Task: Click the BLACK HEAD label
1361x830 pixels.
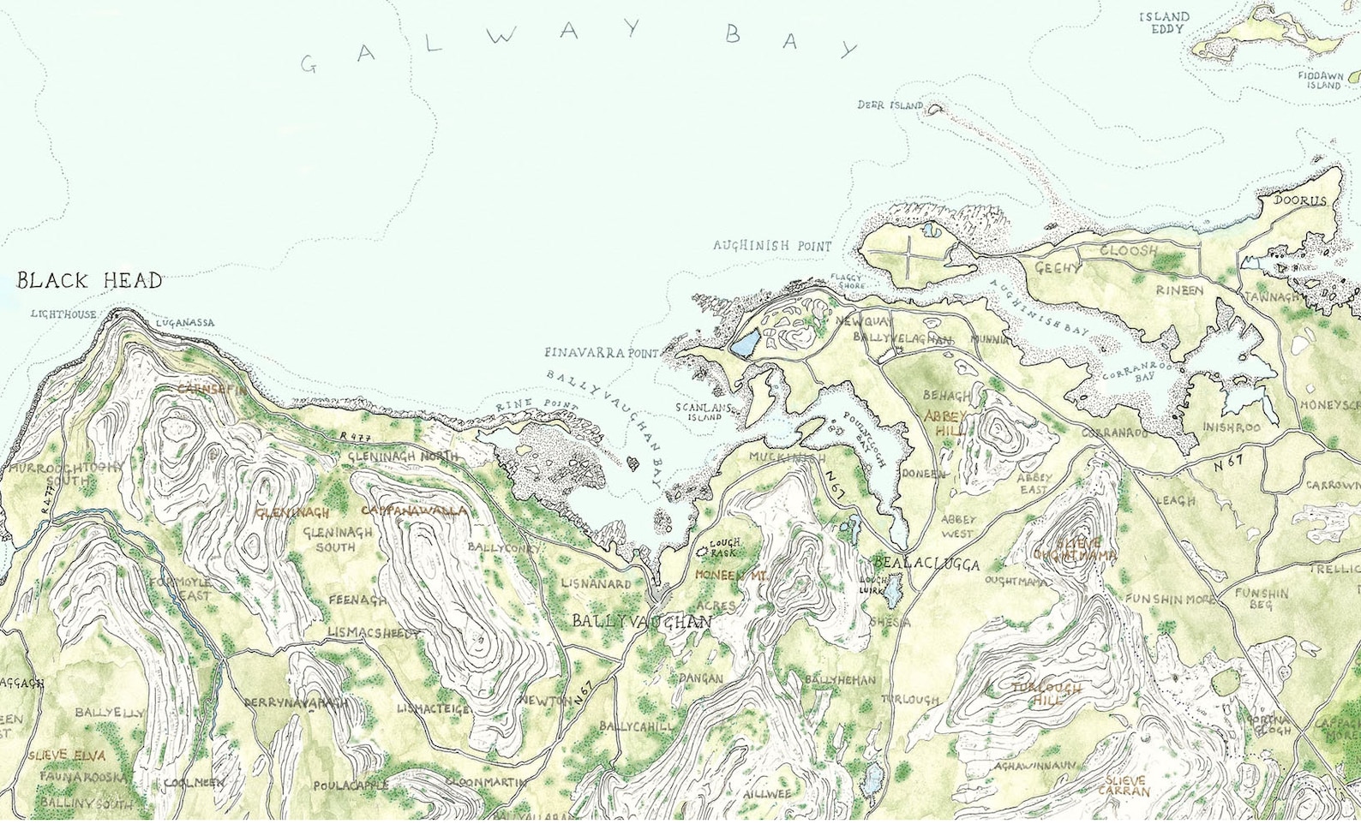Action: pyautogui.click(x=89, y=281)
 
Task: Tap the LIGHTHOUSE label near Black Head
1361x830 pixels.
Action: pyautogui.click(x=63, y=314)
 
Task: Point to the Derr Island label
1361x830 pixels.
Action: pyautogui.click(x=890, y=105)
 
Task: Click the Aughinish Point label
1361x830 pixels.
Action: pyautogui.click(x=771, y=246)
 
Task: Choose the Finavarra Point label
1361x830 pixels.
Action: pyautogui.click(x=601, y=353)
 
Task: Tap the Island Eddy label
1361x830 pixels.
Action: pyautogui.click(x=1164, y=22)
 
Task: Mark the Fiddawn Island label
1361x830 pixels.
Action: pyautogui.click(x=1319, y=81)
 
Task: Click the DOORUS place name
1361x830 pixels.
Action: pyautogui.click(x=1299, y=200)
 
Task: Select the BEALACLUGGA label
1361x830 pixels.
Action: pyautogui.click(x=925, y=564)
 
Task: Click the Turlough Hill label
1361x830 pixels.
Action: pyautogui.click(x=1046, y=694)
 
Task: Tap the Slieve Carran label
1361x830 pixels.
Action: pyautogui.click(x=1126, y=786)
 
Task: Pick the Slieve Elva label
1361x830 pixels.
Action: pyautogui.click(x=66, y=755)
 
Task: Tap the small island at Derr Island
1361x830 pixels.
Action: pyautogui.click(x=934, y=110)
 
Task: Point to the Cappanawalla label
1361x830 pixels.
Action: pyautogui.click(x=415, y=511)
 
